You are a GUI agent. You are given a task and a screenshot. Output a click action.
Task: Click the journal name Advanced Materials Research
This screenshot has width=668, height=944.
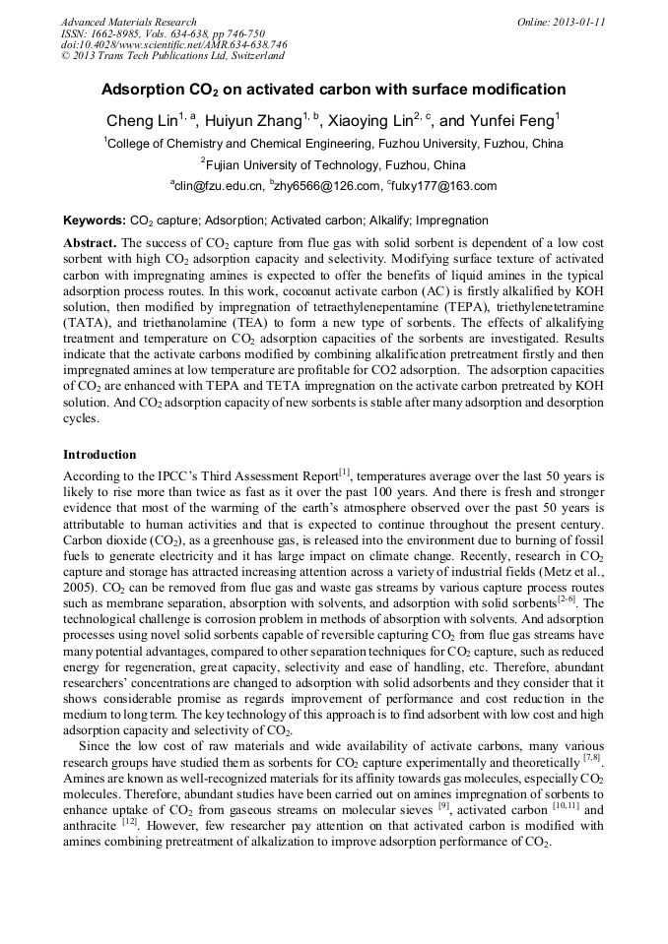tap(128, 22)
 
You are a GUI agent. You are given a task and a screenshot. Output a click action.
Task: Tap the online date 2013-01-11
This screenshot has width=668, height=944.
tap(581, 22)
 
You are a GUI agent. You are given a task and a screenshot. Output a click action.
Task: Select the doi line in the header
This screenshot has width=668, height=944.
tap(174, 45)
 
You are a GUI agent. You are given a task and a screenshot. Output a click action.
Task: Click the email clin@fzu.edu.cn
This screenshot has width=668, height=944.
tap(220, 186)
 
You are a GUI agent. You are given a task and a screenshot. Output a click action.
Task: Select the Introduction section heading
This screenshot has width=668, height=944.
tap(100, 455)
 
